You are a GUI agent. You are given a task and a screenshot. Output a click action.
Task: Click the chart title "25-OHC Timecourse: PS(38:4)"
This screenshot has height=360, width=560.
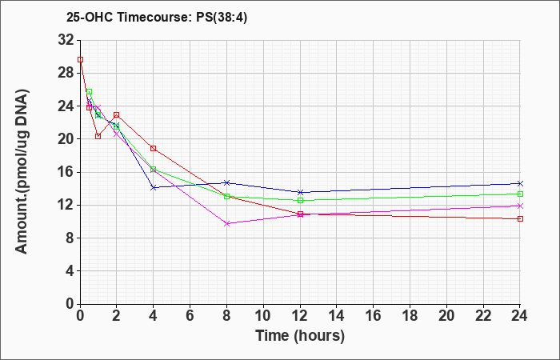(157, 17)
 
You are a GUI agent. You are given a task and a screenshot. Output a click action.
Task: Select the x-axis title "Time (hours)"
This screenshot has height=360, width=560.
(300, 336)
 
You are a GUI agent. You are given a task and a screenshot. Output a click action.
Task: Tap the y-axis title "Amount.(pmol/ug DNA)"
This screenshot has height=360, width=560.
(22, 172)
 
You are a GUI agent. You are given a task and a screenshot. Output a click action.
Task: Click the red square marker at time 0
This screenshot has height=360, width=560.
(80, 60)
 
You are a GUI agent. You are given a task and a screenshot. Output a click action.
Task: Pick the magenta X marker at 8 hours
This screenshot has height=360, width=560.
(226, 223)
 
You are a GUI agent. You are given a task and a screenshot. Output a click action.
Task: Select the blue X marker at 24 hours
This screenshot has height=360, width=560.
(520, 183)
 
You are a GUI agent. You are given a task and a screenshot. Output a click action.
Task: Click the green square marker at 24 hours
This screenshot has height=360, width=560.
(520, 194)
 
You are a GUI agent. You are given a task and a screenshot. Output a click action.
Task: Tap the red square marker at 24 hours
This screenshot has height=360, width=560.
(520, 218)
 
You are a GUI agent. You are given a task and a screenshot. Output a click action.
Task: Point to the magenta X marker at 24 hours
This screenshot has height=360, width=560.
(520, 206)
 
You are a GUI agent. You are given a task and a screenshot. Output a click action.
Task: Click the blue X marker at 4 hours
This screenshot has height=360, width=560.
(154, 187)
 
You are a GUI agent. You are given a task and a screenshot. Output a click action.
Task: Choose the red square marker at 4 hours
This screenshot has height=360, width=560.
(154, 148)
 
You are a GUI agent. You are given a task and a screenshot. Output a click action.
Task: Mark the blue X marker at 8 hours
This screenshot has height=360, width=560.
(226, 182)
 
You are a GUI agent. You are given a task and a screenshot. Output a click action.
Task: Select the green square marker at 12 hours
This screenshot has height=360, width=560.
(300, 200)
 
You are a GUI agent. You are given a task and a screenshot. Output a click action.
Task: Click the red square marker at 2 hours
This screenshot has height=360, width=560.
(117, 115)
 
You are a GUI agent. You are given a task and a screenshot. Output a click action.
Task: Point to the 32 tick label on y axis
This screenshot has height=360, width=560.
(66, 40)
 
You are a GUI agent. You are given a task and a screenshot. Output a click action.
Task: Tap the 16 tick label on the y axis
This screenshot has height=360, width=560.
(66, 172)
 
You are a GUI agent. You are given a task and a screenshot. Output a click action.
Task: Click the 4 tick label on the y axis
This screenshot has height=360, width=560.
(70, 271)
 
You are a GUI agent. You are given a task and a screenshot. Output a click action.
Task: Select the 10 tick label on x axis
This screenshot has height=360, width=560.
(263, 316)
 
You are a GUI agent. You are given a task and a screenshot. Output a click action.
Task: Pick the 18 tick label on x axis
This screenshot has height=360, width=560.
(410, 316)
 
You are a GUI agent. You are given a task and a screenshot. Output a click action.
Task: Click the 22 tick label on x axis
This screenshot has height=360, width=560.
(483, 316)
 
